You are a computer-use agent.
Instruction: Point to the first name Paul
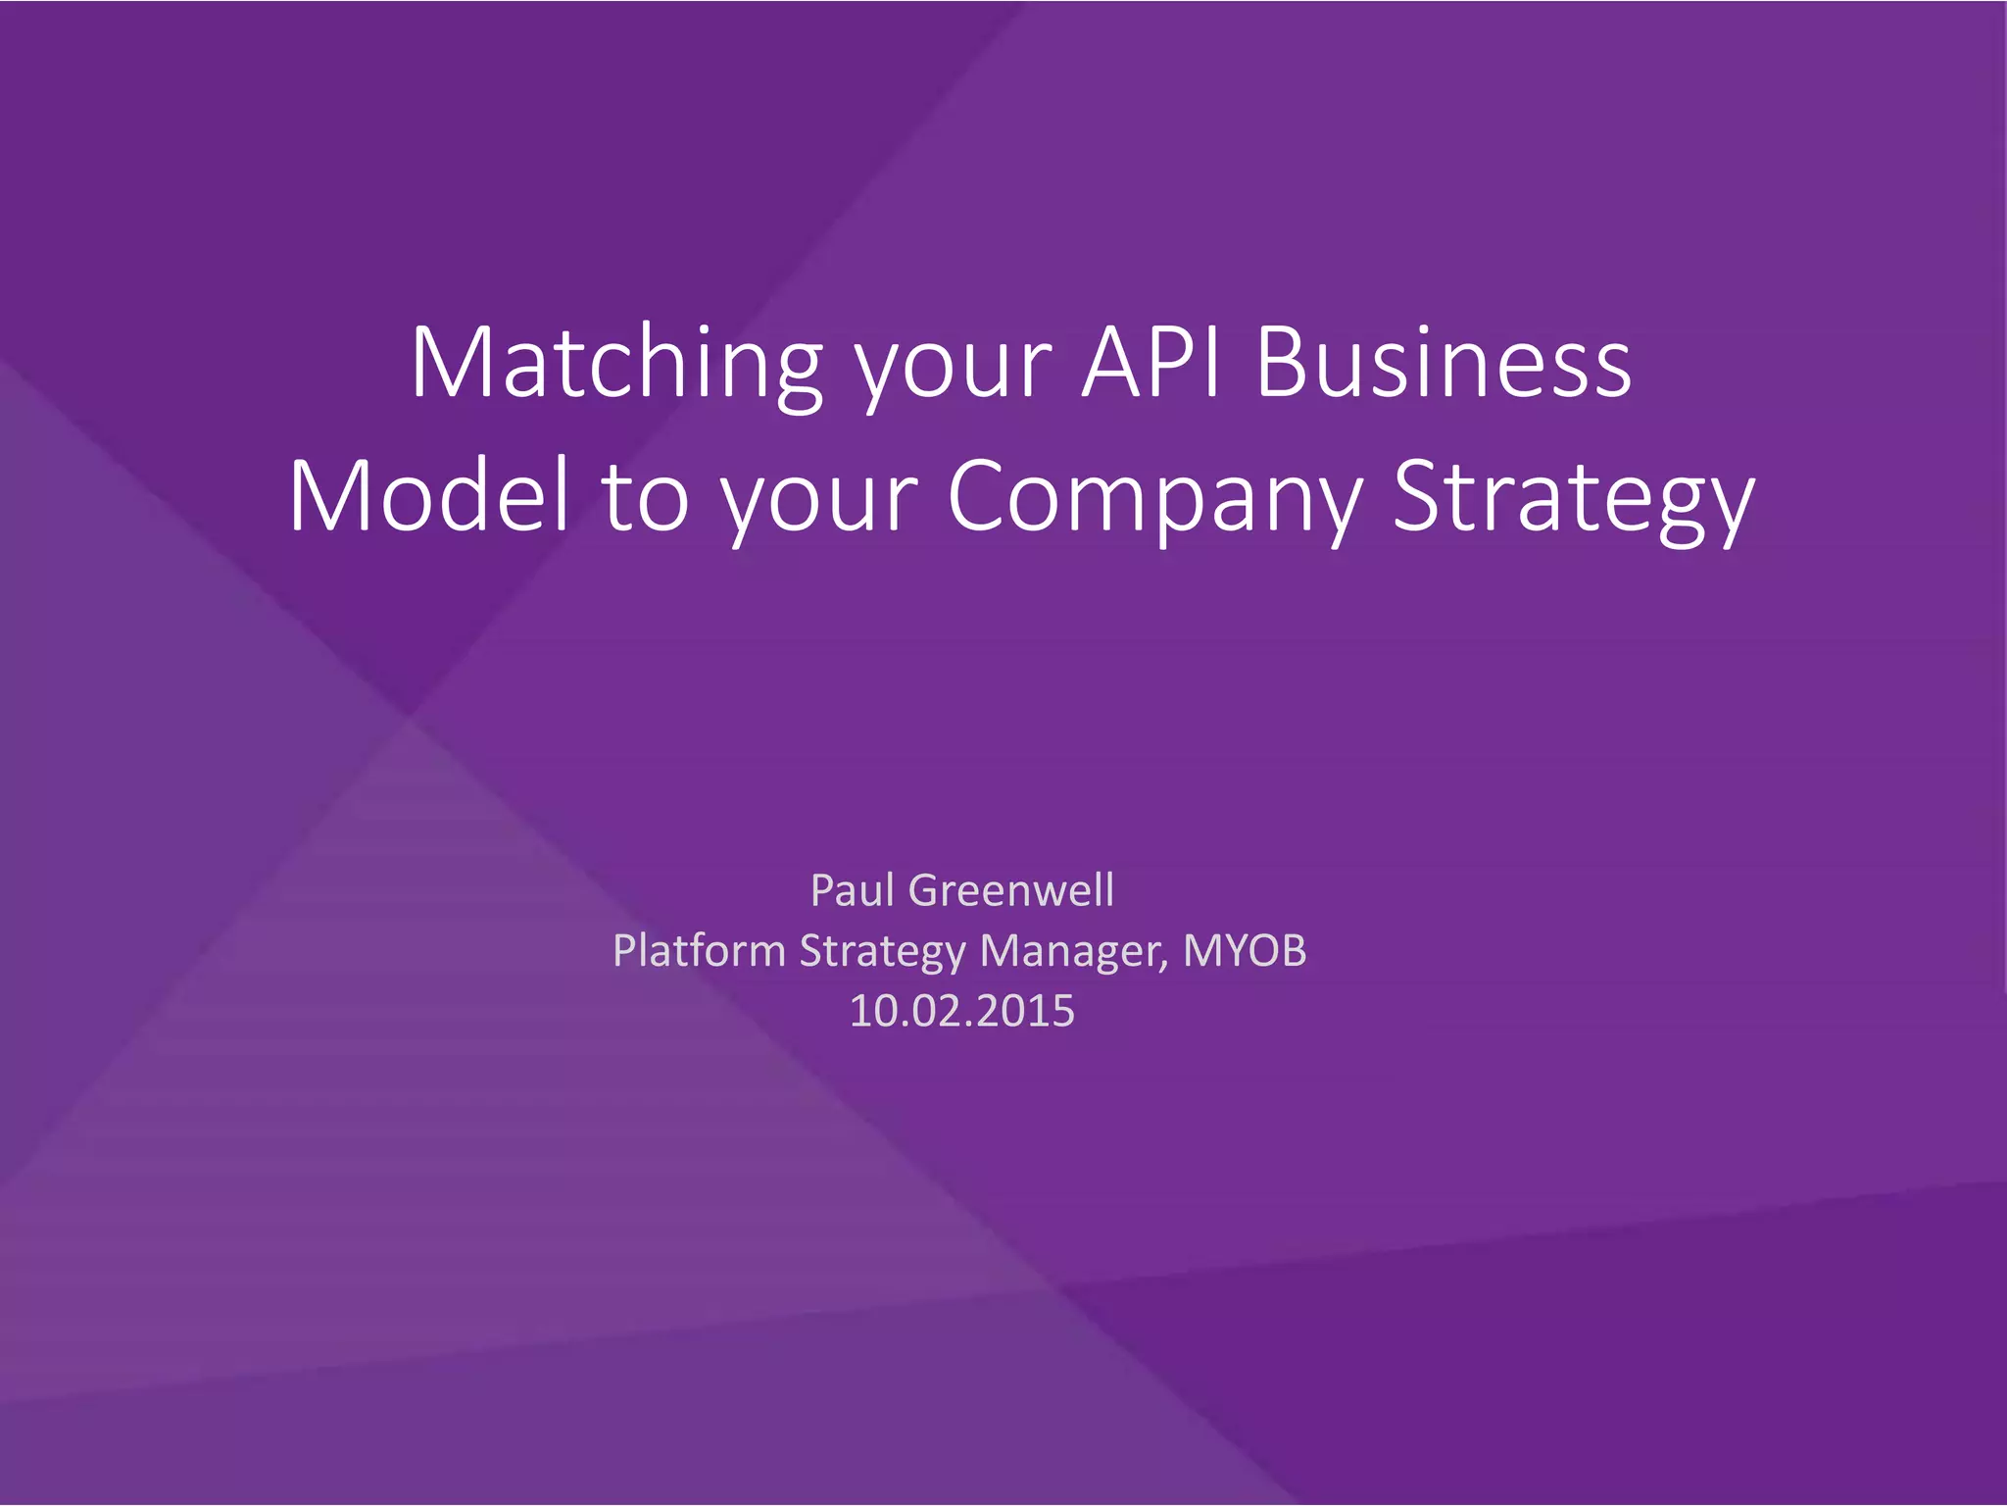pos(853,890)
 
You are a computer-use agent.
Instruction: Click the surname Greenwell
pos(1011,890)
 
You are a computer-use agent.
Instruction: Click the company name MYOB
pos(1245,950)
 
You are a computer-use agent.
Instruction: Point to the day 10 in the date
pos(868,1011)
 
